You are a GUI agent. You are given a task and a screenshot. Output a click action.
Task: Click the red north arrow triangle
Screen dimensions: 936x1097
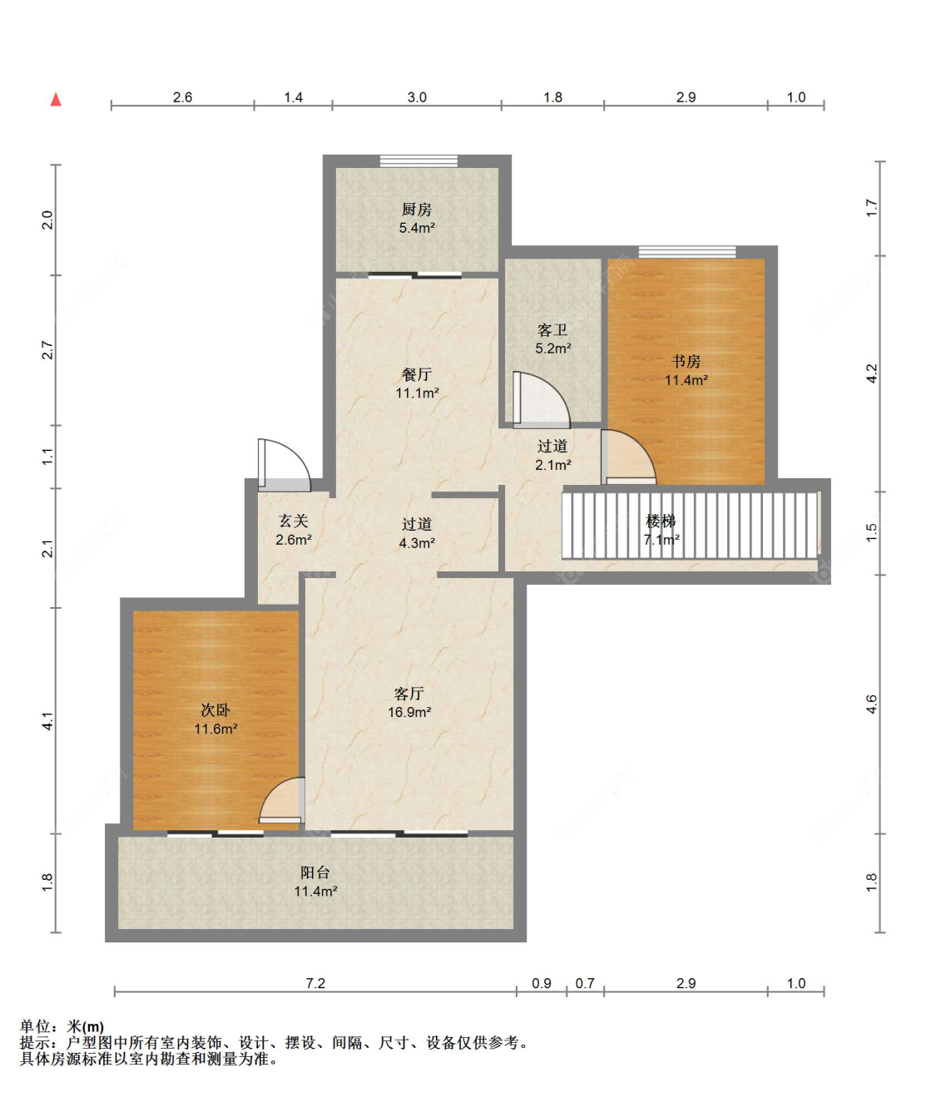point(56,99)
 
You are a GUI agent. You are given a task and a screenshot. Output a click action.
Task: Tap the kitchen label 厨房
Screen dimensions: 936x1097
point(416,210)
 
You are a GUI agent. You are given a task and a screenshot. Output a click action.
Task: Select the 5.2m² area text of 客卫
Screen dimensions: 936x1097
point(552,348)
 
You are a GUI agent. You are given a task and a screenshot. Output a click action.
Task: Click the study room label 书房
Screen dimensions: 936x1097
point(686,362)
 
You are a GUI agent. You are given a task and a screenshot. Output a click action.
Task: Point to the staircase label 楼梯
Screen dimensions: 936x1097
point(661,521)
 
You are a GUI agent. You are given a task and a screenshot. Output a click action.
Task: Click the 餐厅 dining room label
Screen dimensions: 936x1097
point(416,375)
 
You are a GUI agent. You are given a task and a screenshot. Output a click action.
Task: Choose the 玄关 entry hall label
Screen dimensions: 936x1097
point(294,521)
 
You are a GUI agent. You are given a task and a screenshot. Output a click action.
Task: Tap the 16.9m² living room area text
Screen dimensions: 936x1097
point(409,712)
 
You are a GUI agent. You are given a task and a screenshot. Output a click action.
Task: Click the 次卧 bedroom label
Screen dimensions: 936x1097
point(215,710)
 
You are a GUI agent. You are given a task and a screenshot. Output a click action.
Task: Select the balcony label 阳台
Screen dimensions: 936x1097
point(315,872)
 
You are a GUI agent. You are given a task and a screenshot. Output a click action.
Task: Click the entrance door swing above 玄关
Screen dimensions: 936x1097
point(284,462)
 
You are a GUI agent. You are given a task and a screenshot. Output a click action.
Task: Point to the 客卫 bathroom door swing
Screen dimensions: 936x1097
point(541,400)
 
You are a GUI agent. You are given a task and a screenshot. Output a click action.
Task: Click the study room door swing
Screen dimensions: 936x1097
point(628,457)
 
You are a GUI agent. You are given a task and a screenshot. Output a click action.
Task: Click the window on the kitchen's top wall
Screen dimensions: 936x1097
point(418,161)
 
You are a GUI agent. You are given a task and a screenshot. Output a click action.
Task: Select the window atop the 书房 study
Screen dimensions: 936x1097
point(687,251)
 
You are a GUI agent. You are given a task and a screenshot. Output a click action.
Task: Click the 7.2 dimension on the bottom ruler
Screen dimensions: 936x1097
point(314,983)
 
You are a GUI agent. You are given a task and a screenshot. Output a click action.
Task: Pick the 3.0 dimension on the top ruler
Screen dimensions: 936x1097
point(417,97)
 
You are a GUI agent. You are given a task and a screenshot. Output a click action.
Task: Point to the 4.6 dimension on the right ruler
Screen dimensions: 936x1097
point(871,704)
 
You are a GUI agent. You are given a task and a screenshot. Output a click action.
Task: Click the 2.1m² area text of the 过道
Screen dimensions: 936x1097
point(552,465)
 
